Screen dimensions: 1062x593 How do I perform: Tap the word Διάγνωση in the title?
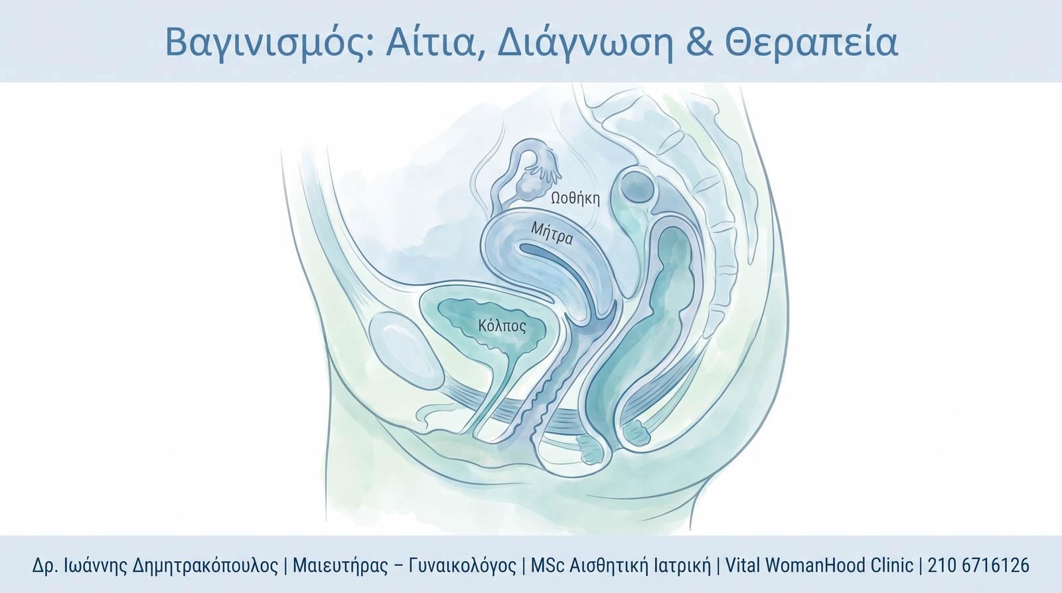click(585, 42)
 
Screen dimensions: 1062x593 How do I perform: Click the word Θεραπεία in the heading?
click(812, 42)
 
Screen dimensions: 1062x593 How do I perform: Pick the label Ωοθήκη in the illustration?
click(575, 199)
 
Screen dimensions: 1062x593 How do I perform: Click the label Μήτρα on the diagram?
click(552, 233)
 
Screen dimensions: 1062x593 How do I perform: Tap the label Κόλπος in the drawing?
click(502, 326)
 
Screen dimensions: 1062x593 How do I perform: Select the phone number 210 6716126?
click(978, 565)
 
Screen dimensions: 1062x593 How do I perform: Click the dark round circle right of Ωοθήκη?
click(639, 187)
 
